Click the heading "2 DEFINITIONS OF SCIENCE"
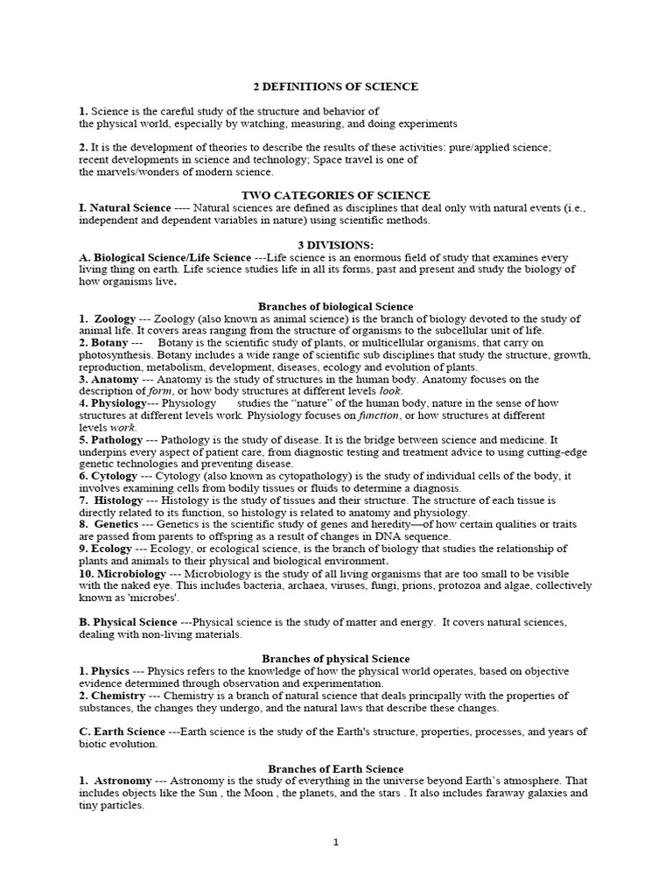coord(336,87)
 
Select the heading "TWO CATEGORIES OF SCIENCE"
coord(335,195)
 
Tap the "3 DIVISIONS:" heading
coord(336,245)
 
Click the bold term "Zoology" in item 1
coord(115,319)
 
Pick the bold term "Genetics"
coord(116,524)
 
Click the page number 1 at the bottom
coord(335,842)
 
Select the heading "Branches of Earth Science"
coord(336,768)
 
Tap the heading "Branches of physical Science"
coord(336,658)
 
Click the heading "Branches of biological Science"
coord(336,307)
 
